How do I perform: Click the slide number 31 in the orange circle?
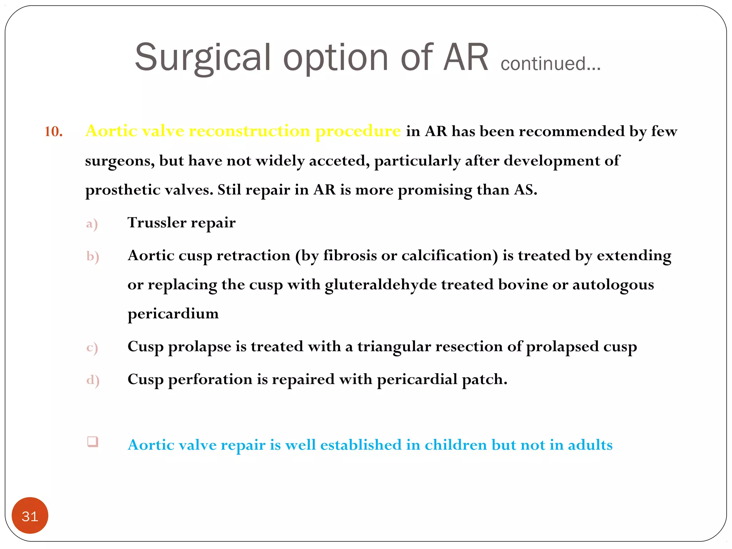[30, 516]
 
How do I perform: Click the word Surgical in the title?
[202, 57]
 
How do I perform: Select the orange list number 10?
[54, 132]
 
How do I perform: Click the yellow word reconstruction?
[249, 131]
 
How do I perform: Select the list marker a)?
[92, 224]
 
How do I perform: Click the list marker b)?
[93, 257]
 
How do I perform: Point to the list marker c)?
[92, 347]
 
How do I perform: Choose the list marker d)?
[93, 380]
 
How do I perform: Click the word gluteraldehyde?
[381, 285]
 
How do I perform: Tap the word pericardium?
[173, 314]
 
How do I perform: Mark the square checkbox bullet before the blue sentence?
[93, 442]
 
